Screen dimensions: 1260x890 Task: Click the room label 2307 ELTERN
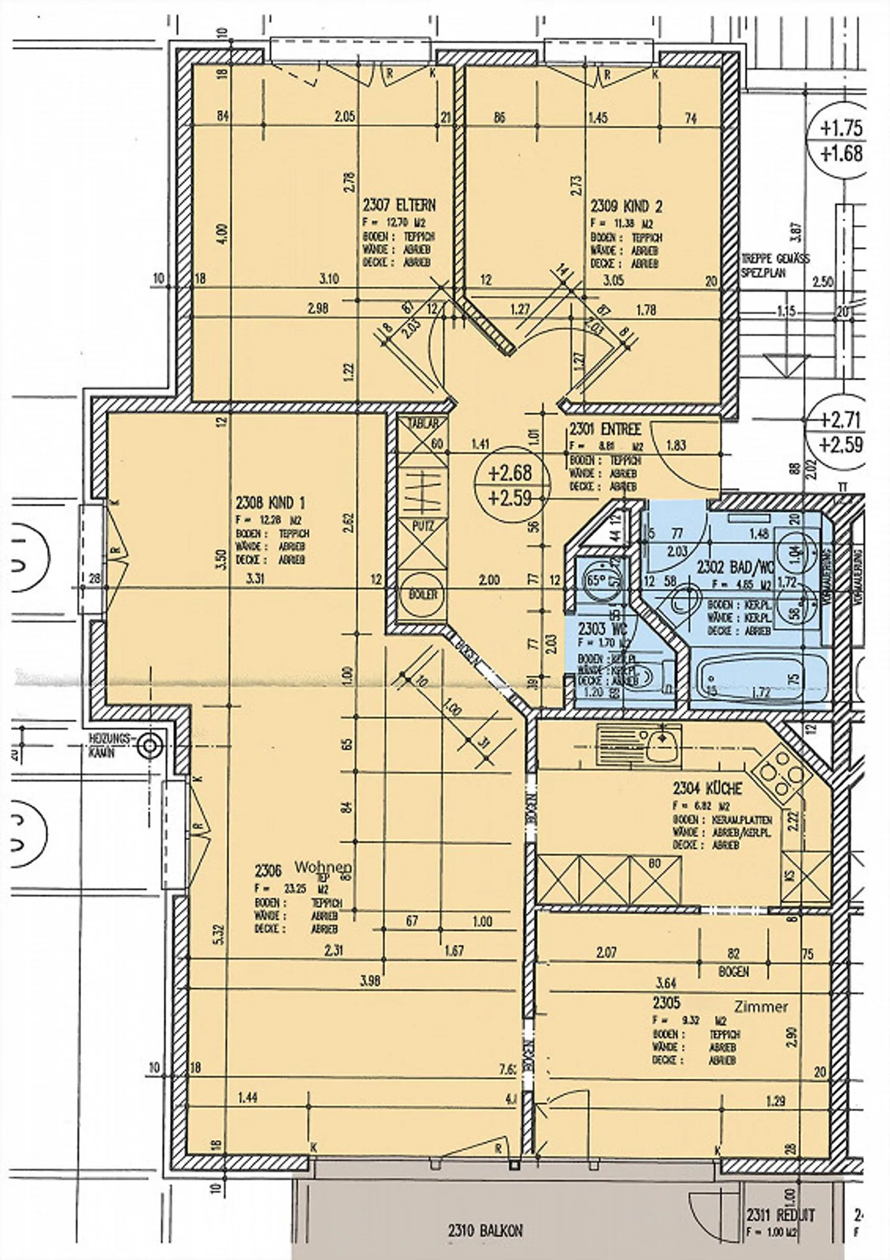(x=399, y=205)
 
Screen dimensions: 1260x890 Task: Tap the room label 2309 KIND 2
(x=626, y=206)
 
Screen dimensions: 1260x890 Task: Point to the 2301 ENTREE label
(x=605, y=429)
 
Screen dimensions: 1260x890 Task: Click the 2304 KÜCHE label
(x=706, y=789)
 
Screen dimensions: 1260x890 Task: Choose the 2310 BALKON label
(x=485, y=1231)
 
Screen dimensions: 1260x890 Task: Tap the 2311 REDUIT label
(x=781, y=1216)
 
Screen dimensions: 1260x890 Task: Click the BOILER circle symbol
(x=423, y=594)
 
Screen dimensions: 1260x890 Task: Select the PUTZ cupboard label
(x=423, y=526)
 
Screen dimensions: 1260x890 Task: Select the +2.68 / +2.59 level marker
(x=509, y=484)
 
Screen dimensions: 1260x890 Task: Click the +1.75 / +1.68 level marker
(x=841, y=140)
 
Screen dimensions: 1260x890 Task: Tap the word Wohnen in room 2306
(x=323, y=867)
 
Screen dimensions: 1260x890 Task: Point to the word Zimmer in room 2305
(x=761, y=1007)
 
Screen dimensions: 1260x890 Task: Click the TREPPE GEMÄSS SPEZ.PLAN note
(x=775, y=265)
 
